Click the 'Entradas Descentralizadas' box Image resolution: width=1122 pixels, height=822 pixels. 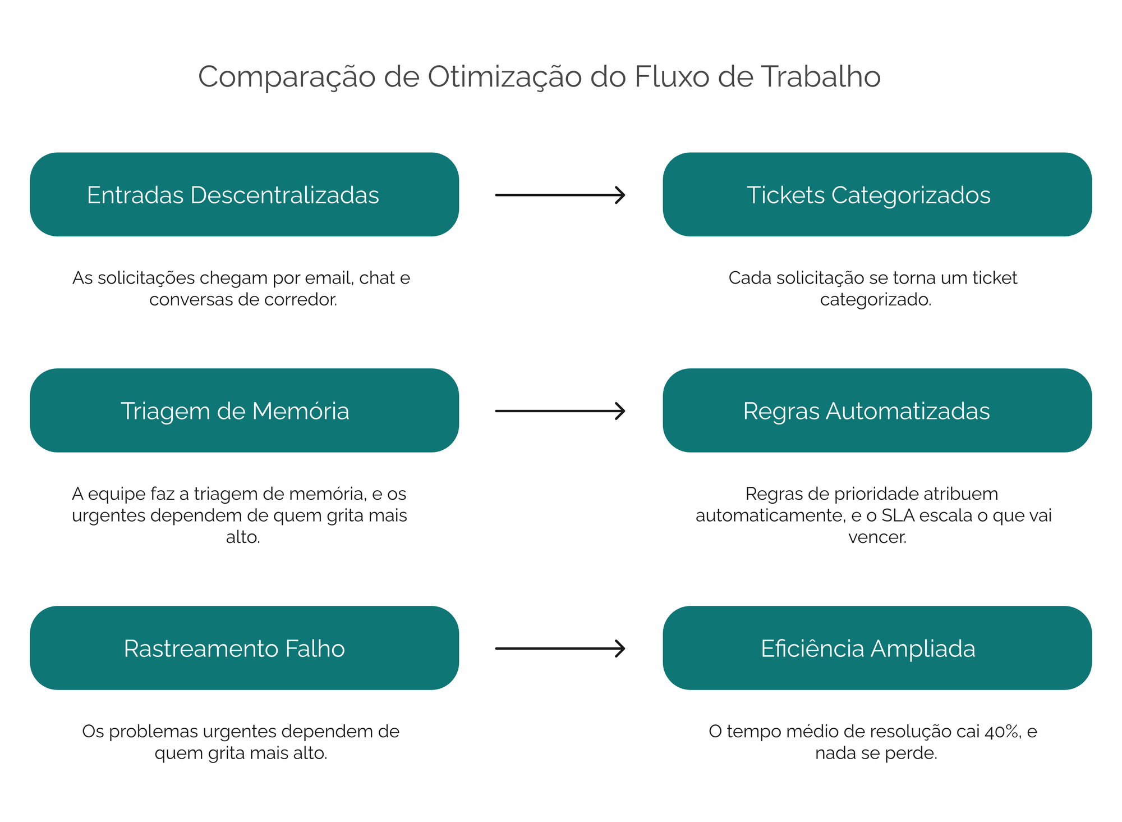(x=245, y=194)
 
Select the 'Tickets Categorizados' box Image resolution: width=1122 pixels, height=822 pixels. (x=877, y=194)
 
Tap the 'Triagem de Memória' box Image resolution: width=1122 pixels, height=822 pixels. (x=245, y=410)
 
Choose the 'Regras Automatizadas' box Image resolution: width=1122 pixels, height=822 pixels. (x=877, y=410)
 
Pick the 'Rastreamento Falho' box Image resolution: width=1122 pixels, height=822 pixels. (x=245, y=648)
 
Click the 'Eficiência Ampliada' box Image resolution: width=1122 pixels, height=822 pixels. (x=877, y=648)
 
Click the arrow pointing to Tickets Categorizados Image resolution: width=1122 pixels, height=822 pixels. (x=560, y=195)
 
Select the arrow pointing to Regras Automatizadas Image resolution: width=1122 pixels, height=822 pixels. (x=560, y=411)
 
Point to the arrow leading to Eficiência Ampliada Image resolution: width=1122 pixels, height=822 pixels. (x=560, y=649)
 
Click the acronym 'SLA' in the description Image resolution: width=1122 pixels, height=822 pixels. (x=898, y=515)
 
